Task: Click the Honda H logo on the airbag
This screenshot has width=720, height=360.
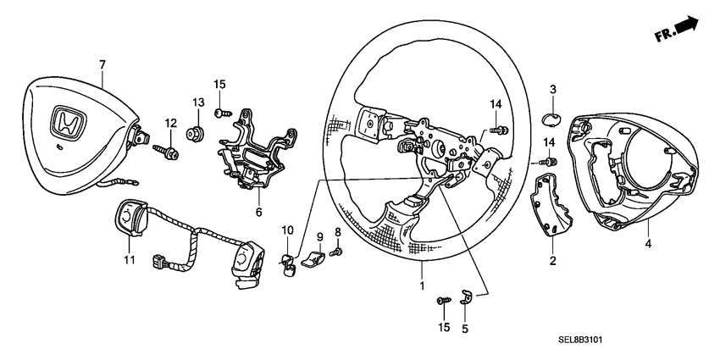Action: pyautogui.click(x=65, y=122)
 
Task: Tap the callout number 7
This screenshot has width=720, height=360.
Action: pyautogui.click(x=102, y=64)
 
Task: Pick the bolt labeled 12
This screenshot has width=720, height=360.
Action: pyautogui.click(x=165, y=151)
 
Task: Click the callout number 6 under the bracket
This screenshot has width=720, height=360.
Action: pyautogui.click(x=259, y=213)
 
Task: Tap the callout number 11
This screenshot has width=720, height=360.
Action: pyautogui.click(x=129, y=260)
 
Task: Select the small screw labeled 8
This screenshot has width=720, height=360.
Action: pyautogui.click(x=336, y=252)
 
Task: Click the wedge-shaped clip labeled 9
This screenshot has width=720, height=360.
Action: pyautogui.click(x=314, y=258)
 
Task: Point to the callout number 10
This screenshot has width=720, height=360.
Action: pyautogui.click(x=286, y=230)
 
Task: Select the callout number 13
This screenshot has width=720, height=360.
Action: pyautogui.click(x=198, y=102)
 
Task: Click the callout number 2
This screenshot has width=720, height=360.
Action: pyautogui.click(x=552, y=261)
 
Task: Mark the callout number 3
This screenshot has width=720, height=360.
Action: pyautogui.click(x=552, y=89)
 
